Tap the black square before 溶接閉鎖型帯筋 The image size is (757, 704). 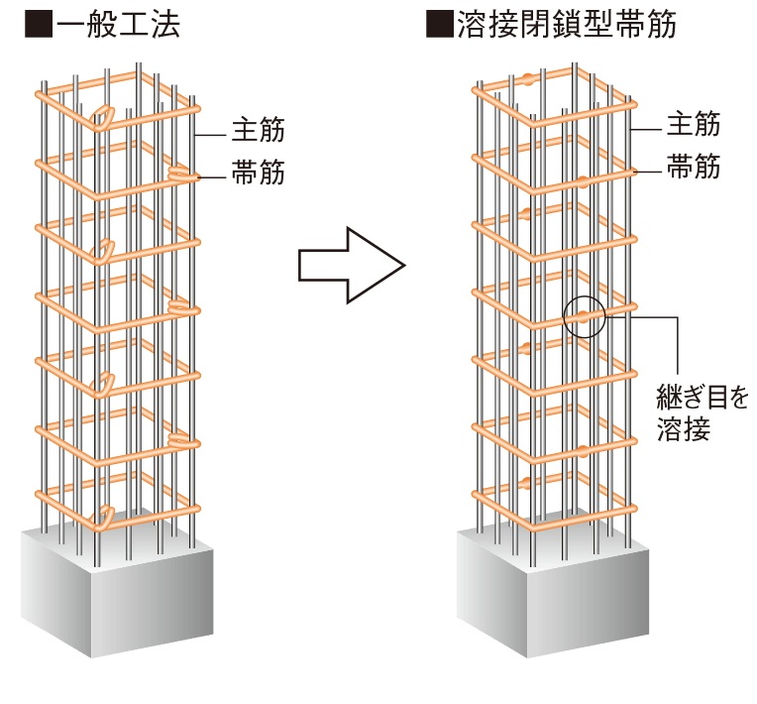tap(437, 25)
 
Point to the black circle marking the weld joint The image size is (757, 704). tap(584, 317)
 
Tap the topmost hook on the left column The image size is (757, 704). tap(102, 118)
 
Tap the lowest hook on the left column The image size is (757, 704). tap(103, 516)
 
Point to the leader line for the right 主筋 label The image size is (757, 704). tap(647, 128)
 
